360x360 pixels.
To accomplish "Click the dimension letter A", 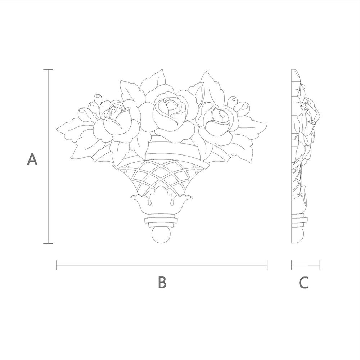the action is point(32,159).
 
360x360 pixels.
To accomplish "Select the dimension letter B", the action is point(162,282).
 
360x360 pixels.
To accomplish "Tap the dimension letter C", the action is point(303,283).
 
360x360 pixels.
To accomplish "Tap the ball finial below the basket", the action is point(161,235).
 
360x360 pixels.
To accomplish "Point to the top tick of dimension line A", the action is point(48,69).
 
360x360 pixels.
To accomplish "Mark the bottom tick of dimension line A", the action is point(48,243).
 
